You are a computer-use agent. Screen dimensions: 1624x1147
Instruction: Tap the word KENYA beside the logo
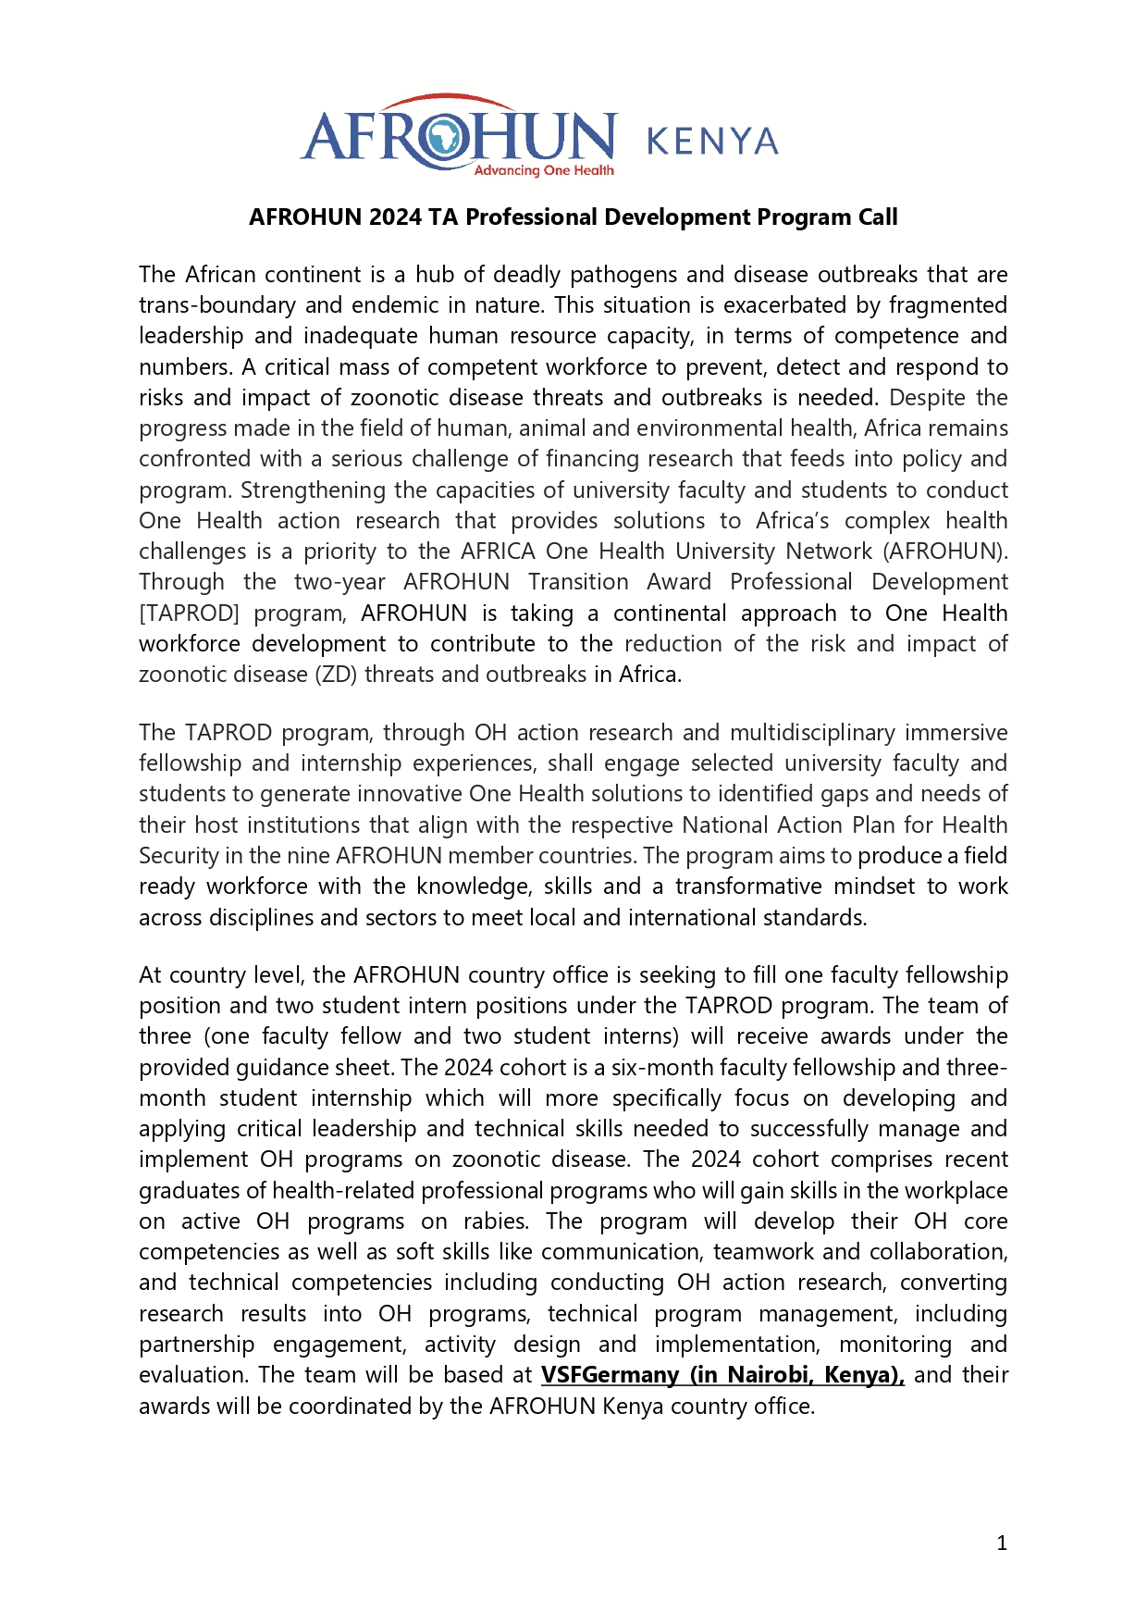712,142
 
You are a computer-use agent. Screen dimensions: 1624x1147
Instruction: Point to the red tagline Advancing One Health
544,170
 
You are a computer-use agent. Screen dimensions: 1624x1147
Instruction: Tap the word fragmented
948,305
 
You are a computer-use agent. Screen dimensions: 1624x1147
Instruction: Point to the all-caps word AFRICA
498,552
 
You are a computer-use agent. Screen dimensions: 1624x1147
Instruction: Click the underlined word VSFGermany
610,1375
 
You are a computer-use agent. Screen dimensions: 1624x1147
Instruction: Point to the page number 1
1002,1543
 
